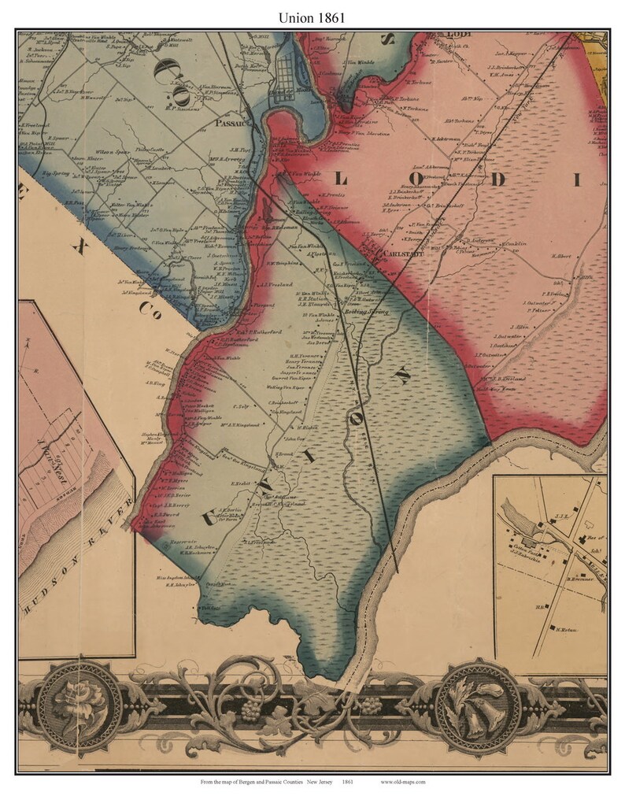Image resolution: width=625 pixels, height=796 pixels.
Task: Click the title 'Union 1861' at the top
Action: point(312,15)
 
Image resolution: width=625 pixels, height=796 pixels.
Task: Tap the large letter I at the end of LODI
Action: point(577,180)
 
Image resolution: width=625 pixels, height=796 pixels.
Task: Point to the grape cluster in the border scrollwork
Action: point(251,709)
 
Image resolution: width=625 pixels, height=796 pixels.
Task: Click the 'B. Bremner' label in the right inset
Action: point(579,579)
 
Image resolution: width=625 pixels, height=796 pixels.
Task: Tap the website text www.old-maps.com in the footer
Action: point(402,782)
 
